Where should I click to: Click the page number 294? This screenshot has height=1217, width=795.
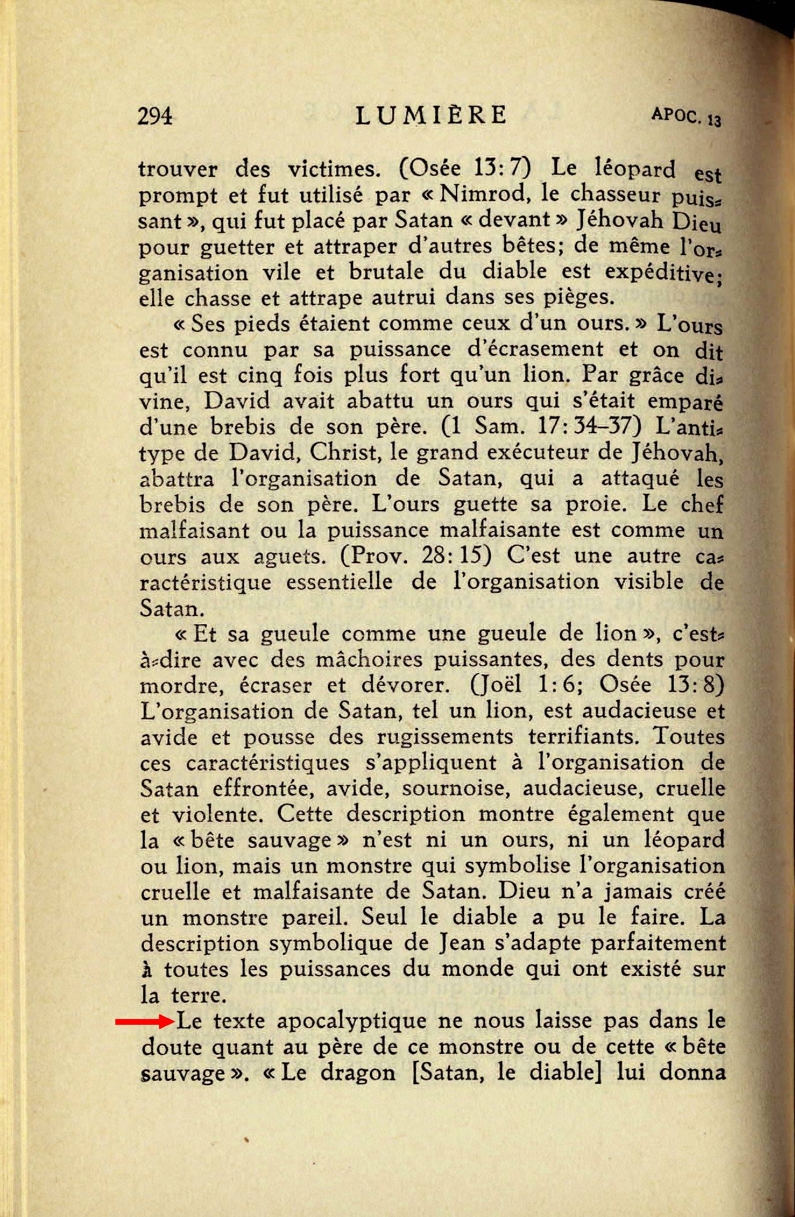click(x=156, y=116)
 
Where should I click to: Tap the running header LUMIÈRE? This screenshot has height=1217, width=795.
click(x=430, y=115)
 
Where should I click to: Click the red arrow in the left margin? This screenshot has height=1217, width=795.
click(x=144, y=1021)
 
